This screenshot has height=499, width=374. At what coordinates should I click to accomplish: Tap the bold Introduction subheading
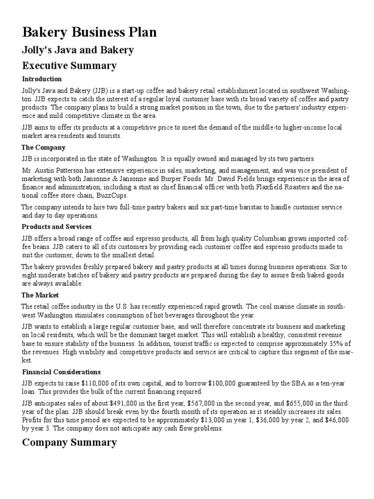(x=42, y=79)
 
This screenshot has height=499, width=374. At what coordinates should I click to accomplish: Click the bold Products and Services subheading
(x=56, y=227)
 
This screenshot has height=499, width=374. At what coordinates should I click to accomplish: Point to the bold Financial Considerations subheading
(x=61, y=372)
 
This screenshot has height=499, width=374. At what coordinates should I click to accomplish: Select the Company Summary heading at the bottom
(x=69, y=442)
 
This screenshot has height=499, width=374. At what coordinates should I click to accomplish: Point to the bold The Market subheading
(x=40, y=295)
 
